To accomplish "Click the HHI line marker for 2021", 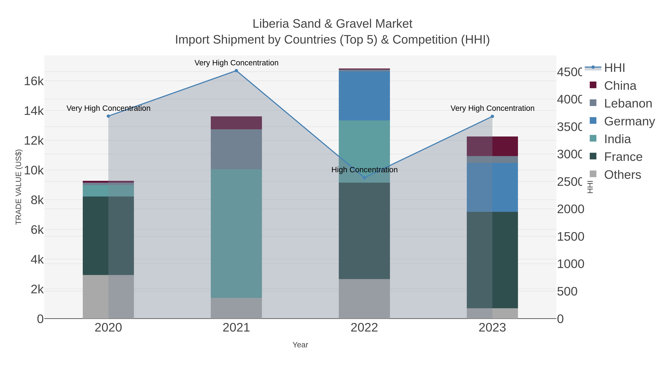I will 236,71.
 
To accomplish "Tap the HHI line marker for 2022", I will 364,177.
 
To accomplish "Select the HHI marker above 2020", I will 108,116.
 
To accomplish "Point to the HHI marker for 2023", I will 492,116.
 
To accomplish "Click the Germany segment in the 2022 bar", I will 364,95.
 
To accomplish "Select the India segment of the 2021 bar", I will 236,234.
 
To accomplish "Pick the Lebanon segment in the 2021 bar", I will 236,149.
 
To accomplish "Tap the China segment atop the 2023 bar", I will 492,146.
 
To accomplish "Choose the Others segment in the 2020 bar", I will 108,297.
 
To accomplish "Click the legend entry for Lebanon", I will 628,103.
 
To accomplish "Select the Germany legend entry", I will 629,121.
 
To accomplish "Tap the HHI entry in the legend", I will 614,68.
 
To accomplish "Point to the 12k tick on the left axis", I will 34,141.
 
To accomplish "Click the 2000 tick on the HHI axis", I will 571,209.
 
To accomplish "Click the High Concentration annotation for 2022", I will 364,170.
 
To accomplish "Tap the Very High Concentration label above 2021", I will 236,63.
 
